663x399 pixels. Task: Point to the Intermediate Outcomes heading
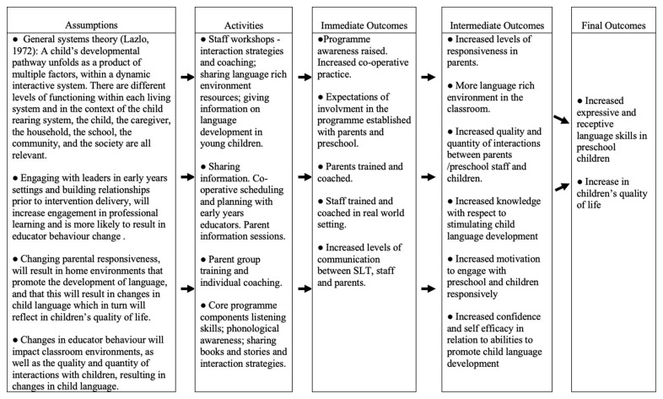tap(498, 25)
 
